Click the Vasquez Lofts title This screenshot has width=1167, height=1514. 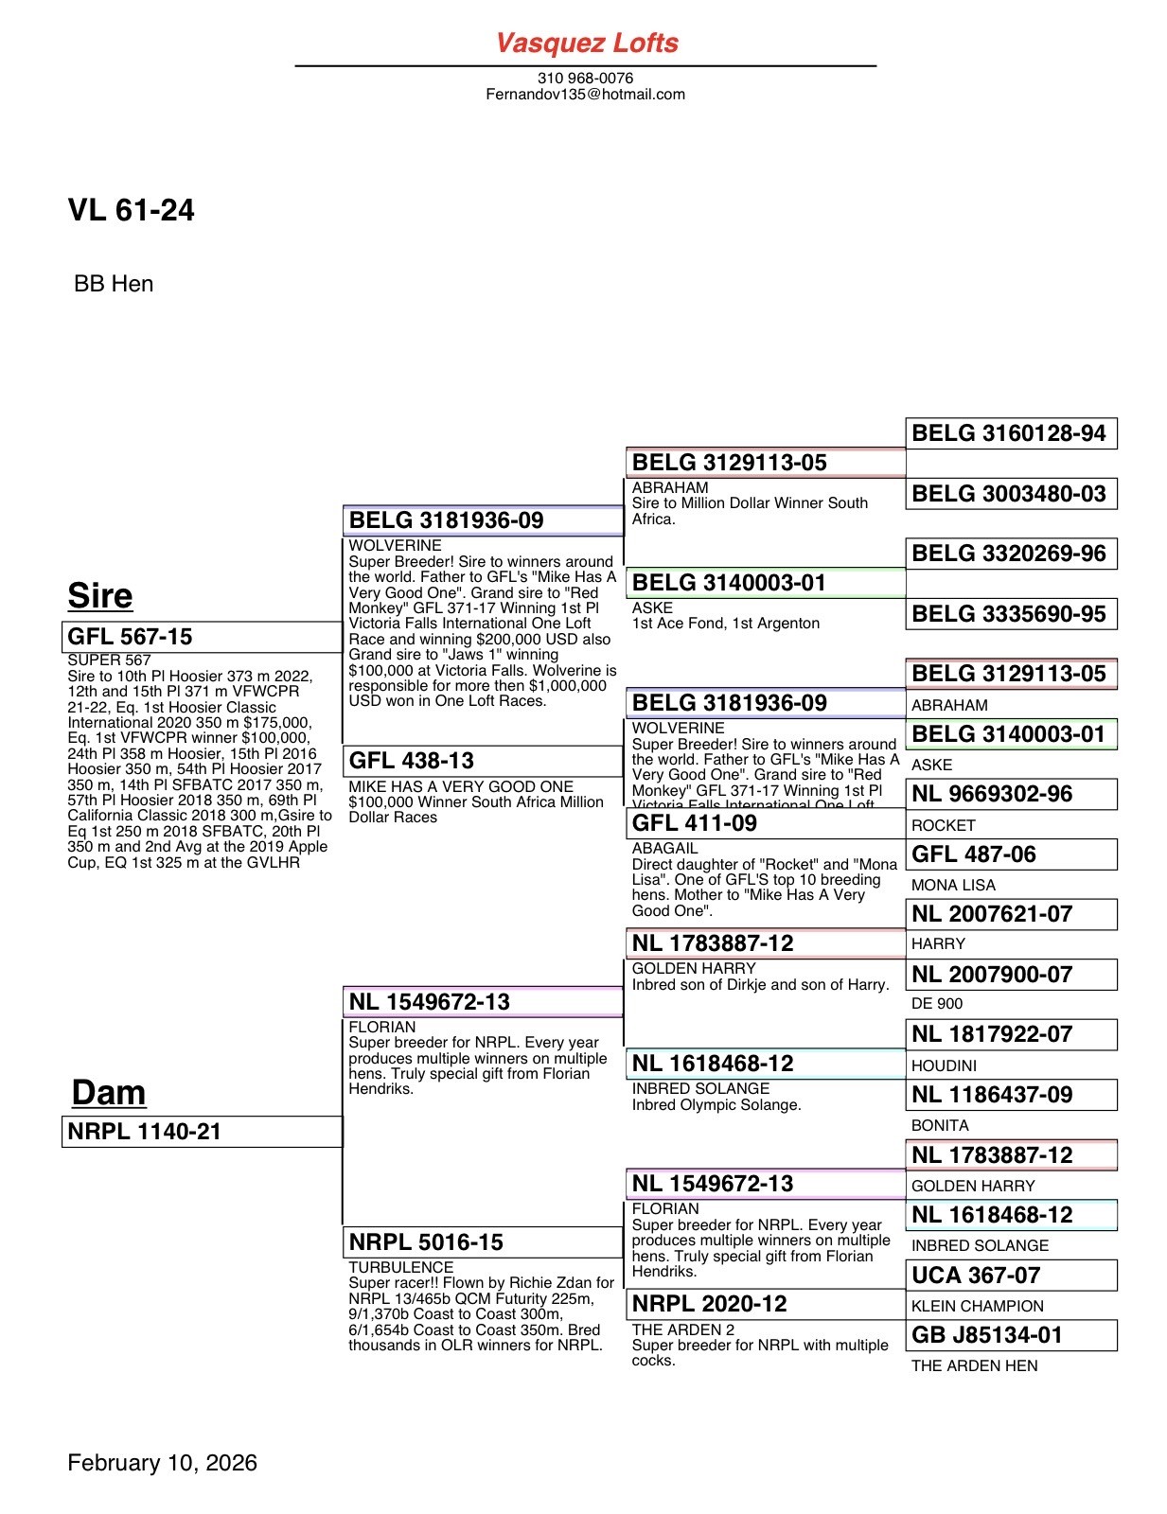point(587,43)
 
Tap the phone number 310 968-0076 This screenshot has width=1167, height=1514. point(585,78)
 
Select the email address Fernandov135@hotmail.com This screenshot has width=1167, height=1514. point(585,94)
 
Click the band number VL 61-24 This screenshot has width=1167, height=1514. point(131,210)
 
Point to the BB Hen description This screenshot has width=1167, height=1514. point(114,284)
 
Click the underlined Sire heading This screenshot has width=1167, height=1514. point(99,596)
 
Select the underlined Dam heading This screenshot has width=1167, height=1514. point(108,1093)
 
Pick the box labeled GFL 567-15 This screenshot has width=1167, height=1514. point(202,637)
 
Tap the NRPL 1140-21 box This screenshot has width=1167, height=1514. point(202,1132)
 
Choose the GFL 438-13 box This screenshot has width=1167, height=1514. point(483,761)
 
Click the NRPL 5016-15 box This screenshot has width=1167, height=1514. point(483,1242)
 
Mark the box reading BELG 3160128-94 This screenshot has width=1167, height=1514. point(1011,433)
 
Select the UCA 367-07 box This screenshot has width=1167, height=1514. point(1011,1276)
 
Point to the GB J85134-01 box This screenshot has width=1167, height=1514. point(1011,1335)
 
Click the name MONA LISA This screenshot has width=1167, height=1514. point(953,885)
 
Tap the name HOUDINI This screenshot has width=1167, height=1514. point(944,1065)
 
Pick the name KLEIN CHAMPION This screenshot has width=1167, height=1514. point(977,1306)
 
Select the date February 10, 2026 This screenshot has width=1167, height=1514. point(162,1463)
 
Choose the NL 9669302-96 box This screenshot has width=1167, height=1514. point(1011,794)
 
